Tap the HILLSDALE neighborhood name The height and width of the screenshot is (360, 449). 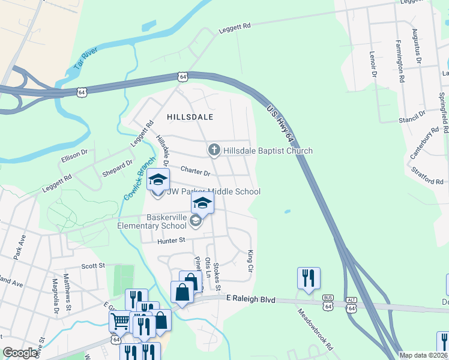pos(190,118)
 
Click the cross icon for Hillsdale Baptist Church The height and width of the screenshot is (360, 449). pos(214,151)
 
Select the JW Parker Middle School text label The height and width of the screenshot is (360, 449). pos(214,192)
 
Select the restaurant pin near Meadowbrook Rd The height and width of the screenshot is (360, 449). pos(309,278)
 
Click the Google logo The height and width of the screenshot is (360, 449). pos(20,353)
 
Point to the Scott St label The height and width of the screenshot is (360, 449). pos(93,265)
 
